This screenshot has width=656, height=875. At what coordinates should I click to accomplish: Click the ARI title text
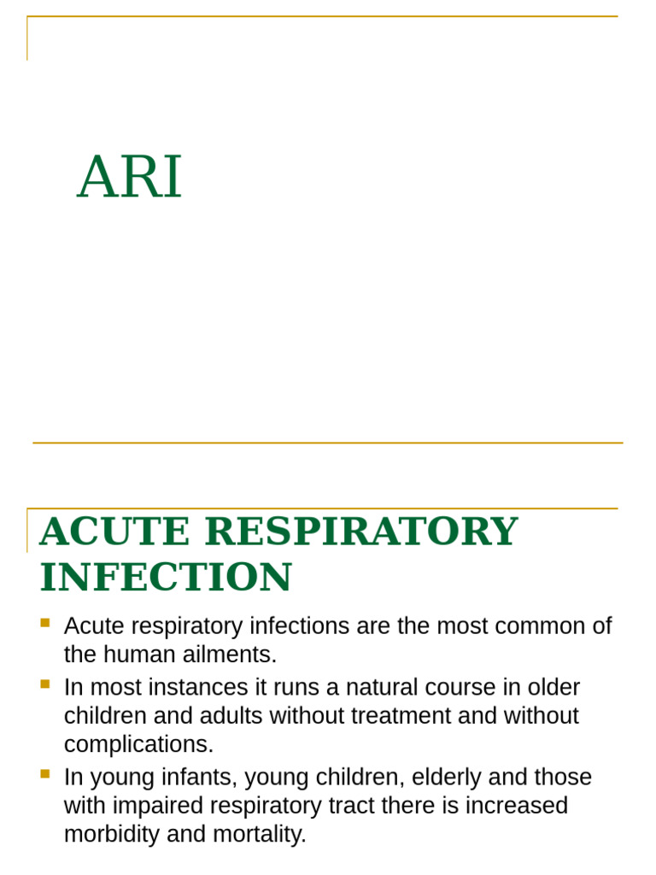coord(130,178)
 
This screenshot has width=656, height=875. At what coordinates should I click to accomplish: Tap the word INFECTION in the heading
coord(166,578)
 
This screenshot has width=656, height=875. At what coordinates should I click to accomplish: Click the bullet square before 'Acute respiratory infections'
coord(45,623)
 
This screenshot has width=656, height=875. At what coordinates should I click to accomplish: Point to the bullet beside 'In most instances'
coord(45,684)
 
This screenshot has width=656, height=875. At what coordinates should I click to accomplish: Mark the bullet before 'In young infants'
coord(45,774)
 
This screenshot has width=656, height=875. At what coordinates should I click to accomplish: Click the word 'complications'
coord(138,745)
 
